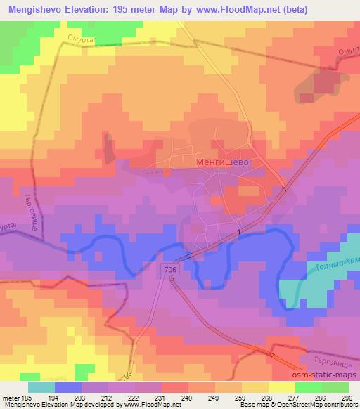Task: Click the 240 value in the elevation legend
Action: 186,398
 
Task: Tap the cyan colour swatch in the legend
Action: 41,387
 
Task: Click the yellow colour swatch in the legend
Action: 283,387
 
